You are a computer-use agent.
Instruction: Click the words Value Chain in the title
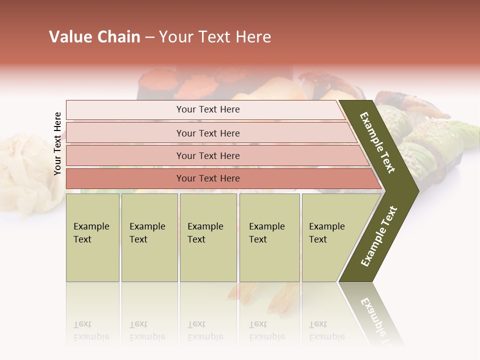94,37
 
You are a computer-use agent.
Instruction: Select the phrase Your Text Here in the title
215,37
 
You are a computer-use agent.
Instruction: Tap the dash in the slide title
149,37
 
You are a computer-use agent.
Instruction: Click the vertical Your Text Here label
57,143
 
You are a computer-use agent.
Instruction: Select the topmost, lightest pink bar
208,109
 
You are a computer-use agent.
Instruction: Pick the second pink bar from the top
208,133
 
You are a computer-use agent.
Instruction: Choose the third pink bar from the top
208,155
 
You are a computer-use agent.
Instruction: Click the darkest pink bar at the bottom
208,178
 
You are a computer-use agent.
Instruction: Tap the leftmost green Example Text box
92,237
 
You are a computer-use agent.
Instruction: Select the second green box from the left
149,237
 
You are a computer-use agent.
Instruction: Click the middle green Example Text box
208,237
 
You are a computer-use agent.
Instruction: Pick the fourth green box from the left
269,237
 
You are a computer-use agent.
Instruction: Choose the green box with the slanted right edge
330,237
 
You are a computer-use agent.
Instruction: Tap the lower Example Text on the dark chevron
379,236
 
